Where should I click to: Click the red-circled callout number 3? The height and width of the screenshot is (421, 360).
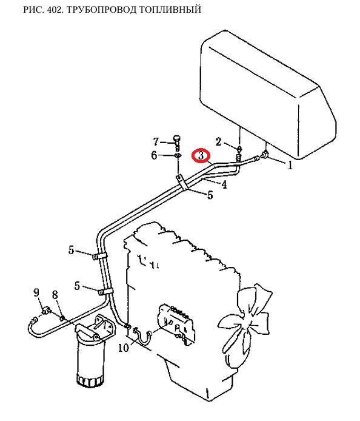coord(201,155)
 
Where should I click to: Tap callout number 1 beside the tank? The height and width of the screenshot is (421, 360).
coord(290,165)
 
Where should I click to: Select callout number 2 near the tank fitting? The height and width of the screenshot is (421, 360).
coord(219,141)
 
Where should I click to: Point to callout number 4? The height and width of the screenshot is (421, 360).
coord(224,184)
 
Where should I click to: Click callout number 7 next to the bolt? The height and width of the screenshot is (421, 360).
coord(156,141)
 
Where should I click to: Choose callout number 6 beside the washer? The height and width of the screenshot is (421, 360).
coord(154,155)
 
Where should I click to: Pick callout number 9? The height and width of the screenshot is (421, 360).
coord(36,292)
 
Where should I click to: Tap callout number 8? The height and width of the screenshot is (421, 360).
coord(55,295)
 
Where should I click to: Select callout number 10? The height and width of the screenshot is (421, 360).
coord(124,348)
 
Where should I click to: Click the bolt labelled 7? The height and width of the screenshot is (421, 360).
coord(177,143)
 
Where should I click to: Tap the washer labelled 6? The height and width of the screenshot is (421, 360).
coord(178,155)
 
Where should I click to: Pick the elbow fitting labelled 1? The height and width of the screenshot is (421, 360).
coord(265,155)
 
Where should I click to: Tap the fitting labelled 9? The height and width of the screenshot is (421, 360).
coord(46,311)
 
